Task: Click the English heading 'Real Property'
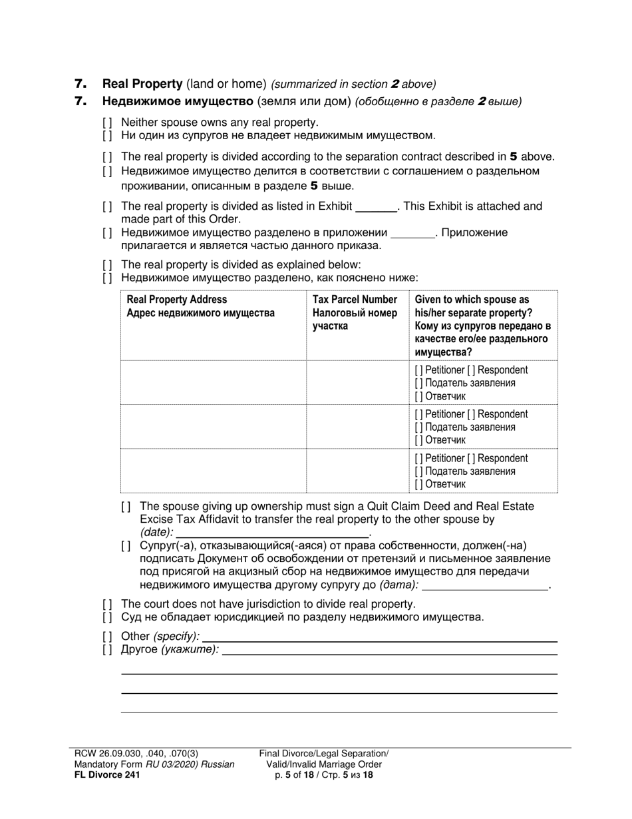142,84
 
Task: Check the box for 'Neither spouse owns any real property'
108,123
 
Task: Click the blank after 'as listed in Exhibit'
376,207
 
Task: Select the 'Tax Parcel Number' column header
355,300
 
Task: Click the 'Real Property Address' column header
176,300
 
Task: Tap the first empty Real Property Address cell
213,383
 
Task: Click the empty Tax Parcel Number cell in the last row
358,471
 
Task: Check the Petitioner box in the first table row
418,370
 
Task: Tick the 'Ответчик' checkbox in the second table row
418,440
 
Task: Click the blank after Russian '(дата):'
485,585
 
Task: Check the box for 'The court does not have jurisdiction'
108,604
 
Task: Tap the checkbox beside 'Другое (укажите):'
108,650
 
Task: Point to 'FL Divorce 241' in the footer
107,774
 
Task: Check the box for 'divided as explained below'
108,265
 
